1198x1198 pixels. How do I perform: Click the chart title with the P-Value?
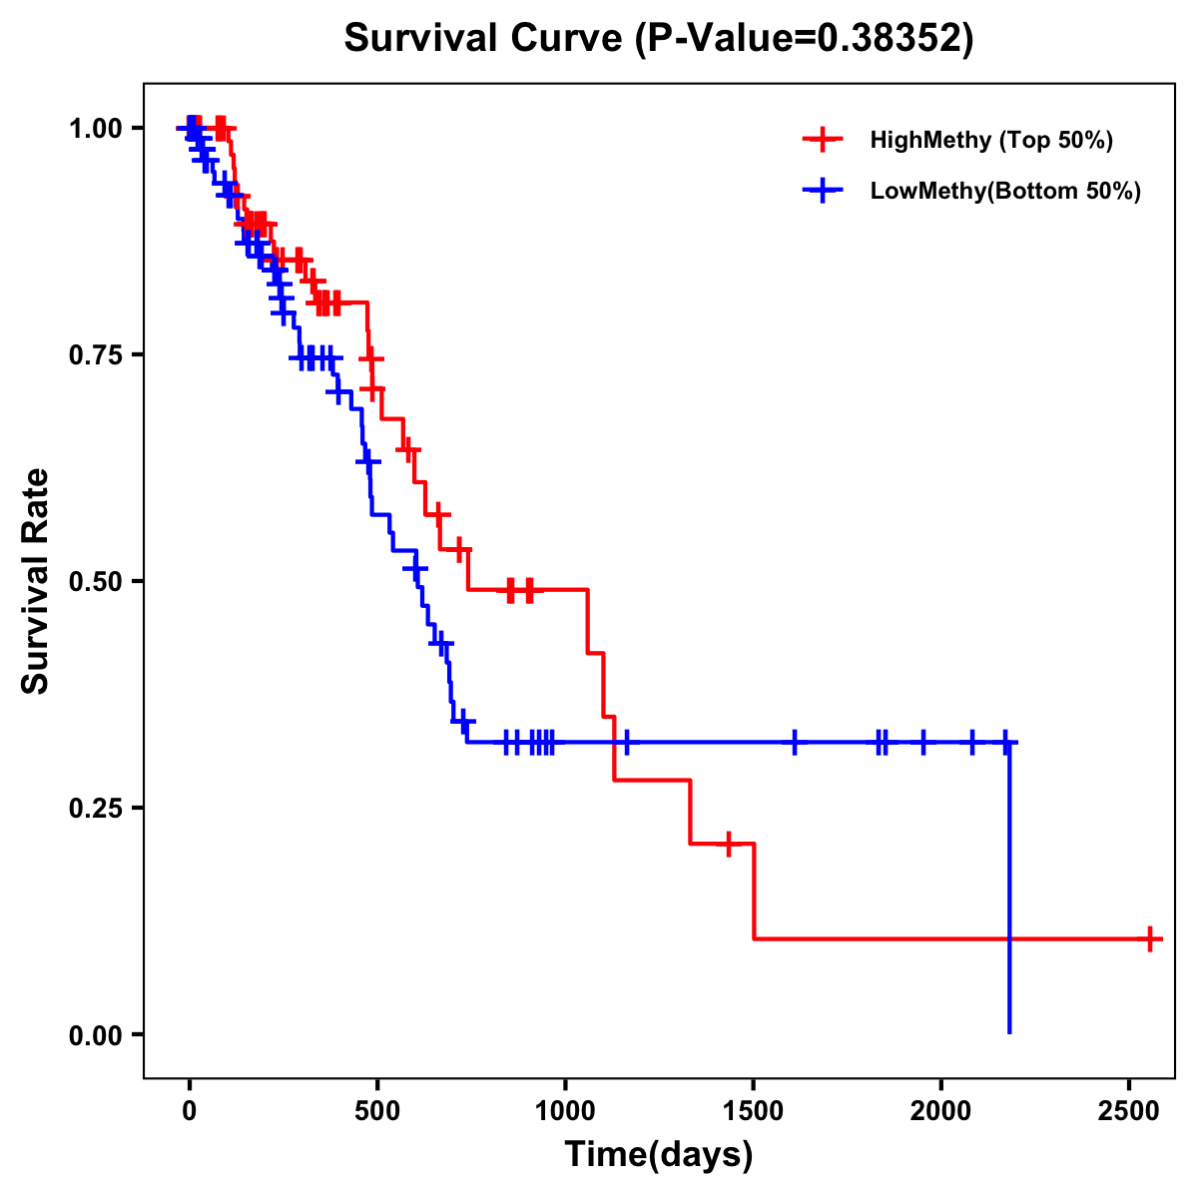click(658, 38)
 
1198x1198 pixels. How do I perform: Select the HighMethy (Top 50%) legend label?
click(990, 140)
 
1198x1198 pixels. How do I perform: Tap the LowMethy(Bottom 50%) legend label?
click(1004, 192)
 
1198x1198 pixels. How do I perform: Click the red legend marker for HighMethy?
click(823, 140)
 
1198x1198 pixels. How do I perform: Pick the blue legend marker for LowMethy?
click(823, 192)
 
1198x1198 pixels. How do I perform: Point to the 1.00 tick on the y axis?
click(95, 129)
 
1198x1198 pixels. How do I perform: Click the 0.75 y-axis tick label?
click(95, 355)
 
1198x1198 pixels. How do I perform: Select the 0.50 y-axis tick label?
click(95, 582)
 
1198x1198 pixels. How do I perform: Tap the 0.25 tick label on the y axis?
click(95, 809)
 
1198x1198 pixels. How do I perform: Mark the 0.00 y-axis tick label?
click(95, 1035)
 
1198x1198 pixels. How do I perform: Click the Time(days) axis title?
click(658, 1155)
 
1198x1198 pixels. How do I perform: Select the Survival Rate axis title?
click(37, 581)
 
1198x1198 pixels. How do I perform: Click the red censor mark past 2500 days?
click(1150, 938)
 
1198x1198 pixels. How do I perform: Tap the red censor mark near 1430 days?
click(729, 844)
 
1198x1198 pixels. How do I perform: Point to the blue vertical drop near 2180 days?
click(1009, 889)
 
